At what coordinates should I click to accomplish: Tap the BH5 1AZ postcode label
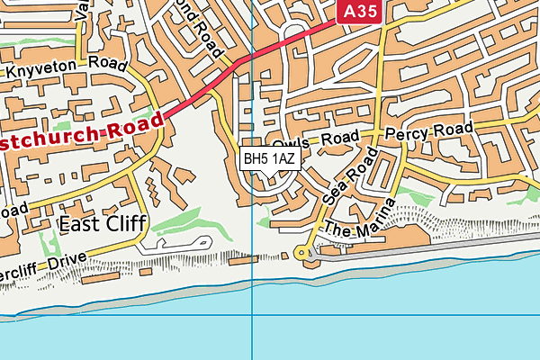pyautogui.click(x=269, y=158)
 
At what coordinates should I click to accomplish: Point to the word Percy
pyautogui.click(x=404, y=133)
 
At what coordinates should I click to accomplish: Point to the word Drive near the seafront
pyautogui.click(x=65, y=262)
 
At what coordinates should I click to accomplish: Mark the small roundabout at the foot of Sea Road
pyautogui.click(x=301, y=255)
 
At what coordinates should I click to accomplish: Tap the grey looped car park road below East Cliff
pyautogui.click(x=176, y=243)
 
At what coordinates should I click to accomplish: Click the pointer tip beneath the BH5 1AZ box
pyautogui.click(x=269, y=175)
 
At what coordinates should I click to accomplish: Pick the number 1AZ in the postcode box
pyautogui.click(x=283, y=158)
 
